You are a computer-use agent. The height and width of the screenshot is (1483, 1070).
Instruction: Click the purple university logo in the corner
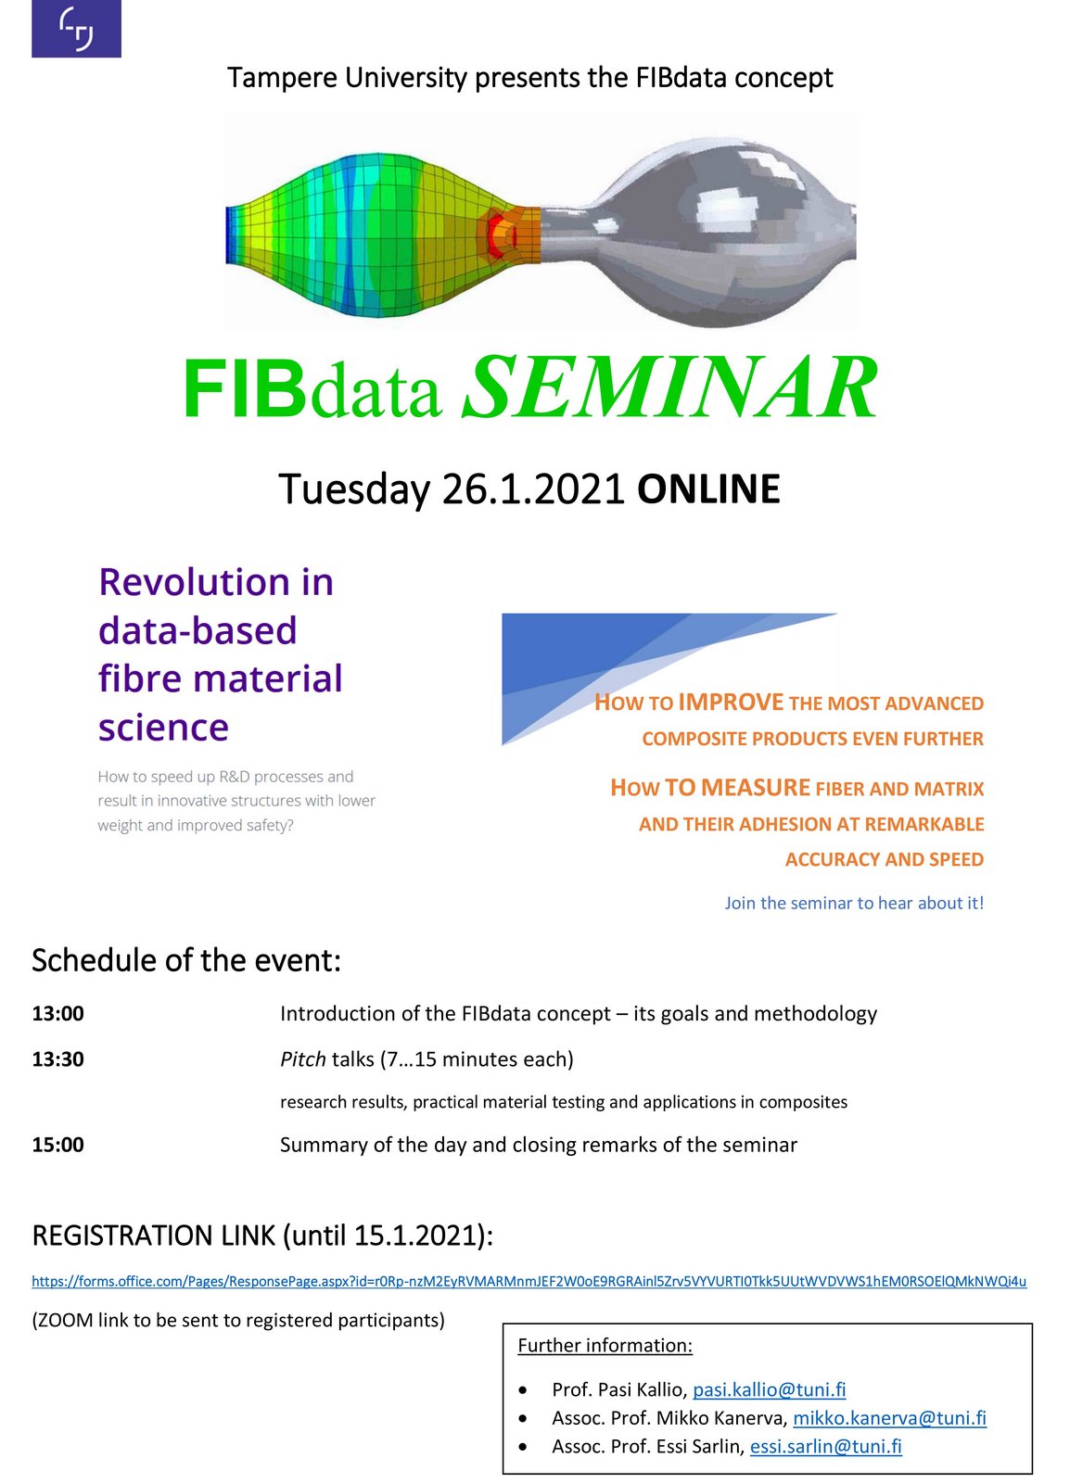point(76,29)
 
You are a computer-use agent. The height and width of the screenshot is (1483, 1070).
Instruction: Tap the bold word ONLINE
point(708,489)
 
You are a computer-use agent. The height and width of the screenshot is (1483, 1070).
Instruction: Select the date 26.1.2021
point(533,489)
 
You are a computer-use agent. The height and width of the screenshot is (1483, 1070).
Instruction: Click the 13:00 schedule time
point(58,1014)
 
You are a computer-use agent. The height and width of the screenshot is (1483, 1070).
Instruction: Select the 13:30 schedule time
point(58,1059)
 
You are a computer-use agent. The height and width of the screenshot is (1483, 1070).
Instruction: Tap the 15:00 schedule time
point(58,1145)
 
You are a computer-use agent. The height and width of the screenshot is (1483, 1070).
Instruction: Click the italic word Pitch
point(302,1060)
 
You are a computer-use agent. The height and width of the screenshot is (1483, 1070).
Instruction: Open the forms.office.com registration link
point(529,1281)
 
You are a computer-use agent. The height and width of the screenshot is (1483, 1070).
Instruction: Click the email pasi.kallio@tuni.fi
point(770,1389)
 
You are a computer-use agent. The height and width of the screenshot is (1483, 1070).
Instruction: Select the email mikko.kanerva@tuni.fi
point(890,1418)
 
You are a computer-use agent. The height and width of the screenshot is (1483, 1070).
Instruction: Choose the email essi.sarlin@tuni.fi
point(825,1447)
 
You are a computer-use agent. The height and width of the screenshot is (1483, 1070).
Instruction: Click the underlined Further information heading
point(605,1345)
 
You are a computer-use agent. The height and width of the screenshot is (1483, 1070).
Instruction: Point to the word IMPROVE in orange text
point(731,702)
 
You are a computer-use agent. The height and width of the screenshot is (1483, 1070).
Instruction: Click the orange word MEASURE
point(756,787)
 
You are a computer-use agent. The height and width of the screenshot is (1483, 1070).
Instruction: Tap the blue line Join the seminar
point(854,903)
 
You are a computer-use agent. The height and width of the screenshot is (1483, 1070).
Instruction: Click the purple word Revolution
point(194,582)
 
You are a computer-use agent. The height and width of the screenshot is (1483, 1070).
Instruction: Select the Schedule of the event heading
point(186,960)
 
